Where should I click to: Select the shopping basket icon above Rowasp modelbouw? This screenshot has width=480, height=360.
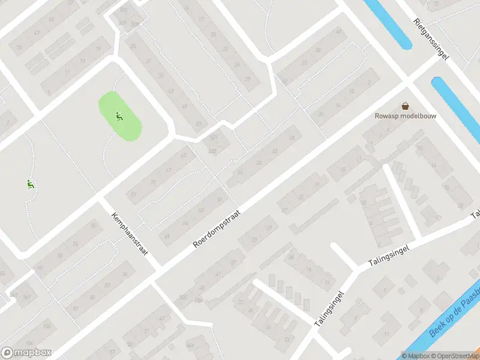(405, 105)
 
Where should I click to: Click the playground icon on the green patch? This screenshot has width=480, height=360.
(119, 116)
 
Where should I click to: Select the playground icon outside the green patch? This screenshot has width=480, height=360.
(29, 184)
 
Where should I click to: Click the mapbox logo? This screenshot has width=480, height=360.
(26, 353)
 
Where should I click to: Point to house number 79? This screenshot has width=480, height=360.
(133, 194)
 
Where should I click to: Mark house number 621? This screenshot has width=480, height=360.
(214, 137)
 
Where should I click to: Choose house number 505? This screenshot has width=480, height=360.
(183, 298)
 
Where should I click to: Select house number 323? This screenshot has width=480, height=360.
(212, 151)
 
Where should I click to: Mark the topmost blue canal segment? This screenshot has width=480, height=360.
(387, 23)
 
